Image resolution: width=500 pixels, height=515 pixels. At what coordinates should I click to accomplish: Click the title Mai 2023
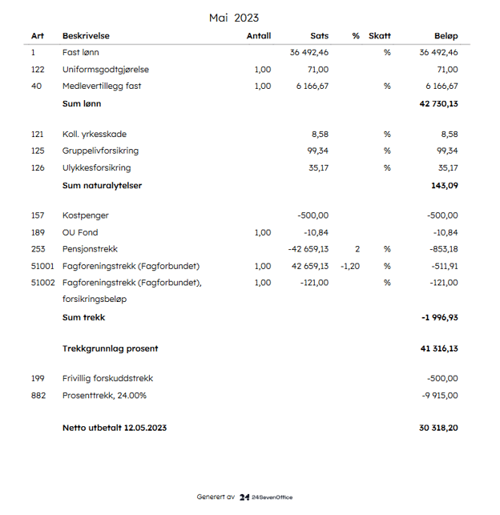pyautogui.click(x=234, y=18)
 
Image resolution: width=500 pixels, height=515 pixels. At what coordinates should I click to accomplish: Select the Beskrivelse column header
pyautogui.click(x=86, y=36)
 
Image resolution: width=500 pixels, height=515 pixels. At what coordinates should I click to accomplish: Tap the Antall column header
pyautogui.click(x=259, y=36)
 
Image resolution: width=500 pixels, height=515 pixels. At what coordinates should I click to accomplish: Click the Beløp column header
pyautogui.click(x=446, y=36)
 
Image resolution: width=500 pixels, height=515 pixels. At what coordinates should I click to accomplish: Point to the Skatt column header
pyautogui.click(x=380, y=36)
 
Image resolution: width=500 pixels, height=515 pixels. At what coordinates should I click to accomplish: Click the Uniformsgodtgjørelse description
pyautogui.click(x=106, y=70)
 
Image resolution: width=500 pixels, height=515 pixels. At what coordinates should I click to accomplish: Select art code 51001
pyautogui.click(x=42, y=266)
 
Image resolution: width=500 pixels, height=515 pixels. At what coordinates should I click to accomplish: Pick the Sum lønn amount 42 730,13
pyautogui.click(x=438, y=103)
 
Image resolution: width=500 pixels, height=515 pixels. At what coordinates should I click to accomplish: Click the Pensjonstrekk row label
pyautogui.click(x=90, y=249)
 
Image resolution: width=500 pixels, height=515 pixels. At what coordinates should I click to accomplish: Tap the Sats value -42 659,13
pyautogui.click(x=308, y=249)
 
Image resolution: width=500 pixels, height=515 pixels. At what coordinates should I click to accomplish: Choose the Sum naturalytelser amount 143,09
pyautogui.click(x=445, y=185)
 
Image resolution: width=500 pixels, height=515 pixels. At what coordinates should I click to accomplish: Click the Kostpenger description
pyautogui.click(x=86, y=215)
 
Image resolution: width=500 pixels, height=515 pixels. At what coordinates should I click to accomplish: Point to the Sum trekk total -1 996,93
pyautogui.click(x=439, y=317)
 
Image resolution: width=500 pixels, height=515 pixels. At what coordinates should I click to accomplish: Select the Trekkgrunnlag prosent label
pyautogui.click(x=111, y=348)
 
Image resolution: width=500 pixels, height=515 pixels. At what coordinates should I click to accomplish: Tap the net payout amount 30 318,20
pyautogui.click(x=438, y=428)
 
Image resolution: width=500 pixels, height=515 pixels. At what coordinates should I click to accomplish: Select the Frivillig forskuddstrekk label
pyautogui.click(x=107, y=378)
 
